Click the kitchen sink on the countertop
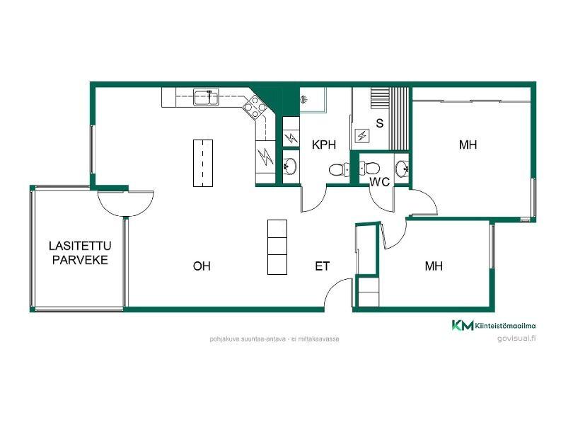206,98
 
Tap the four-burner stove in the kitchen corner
255,107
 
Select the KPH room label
324,144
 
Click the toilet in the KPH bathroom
339,169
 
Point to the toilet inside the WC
369,168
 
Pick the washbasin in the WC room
403,169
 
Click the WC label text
380,182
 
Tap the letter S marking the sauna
380,123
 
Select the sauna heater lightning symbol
361,136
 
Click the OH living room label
202,266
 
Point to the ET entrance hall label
323,266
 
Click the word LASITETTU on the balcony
80,246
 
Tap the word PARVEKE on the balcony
80,260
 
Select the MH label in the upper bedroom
468,144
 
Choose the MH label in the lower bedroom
434,266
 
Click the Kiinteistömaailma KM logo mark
462,325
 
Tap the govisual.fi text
516,339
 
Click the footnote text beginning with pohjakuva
274,339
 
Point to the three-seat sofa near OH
277,247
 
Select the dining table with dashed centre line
203,163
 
